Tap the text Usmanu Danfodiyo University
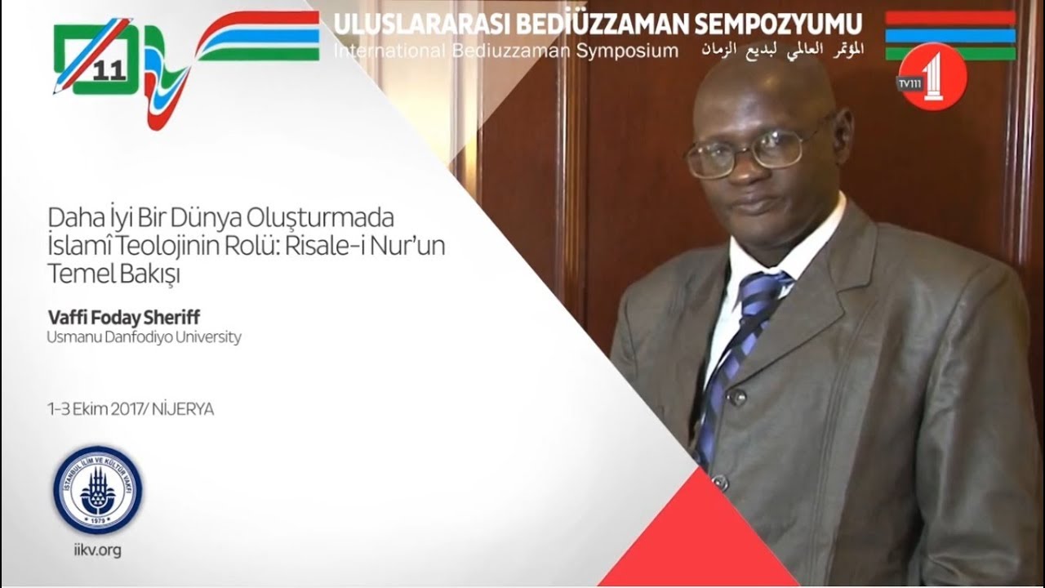145,336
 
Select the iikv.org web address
97,550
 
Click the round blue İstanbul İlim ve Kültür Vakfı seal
97,490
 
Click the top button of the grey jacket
736,398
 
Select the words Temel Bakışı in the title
113,274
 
